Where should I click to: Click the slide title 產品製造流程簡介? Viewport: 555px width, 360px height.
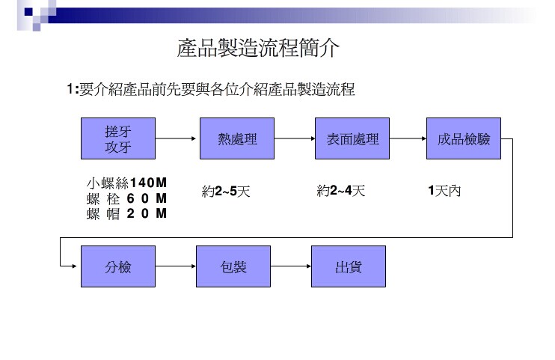tap(258, 49)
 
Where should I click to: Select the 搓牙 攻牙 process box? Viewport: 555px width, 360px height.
tap(118, 138)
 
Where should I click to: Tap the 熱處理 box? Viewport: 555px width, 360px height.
tap(236, 138)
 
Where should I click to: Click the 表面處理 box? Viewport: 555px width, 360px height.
tap(352, 138)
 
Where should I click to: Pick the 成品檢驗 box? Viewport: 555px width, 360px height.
tap(464, 138)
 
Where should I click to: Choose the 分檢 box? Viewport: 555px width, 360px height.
tap(118, 266)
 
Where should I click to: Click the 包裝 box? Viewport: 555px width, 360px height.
tap(233, 266)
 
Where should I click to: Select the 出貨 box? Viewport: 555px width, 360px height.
tap(349, 266)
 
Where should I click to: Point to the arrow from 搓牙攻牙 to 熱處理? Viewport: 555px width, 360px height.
tap(177, 138)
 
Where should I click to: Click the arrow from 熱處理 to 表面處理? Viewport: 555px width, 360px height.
tap(295, 138)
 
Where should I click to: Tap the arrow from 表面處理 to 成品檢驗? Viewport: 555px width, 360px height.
tap(408, 138)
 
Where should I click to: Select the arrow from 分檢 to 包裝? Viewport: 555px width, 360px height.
tap(176, 266)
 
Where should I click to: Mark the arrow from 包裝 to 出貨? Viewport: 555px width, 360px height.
tap(291, 266)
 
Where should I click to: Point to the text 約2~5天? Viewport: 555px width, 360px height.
tap(226, 192)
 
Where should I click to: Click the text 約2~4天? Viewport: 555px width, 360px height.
tap(341, 191)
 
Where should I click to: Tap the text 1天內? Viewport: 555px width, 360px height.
tap(444, 191)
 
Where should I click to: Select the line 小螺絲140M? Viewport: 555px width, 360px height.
tap(126, 183)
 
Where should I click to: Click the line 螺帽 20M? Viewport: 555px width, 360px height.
tap(126, 214)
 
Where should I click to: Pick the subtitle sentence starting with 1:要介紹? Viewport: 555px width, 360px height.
tap(210, 90)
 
